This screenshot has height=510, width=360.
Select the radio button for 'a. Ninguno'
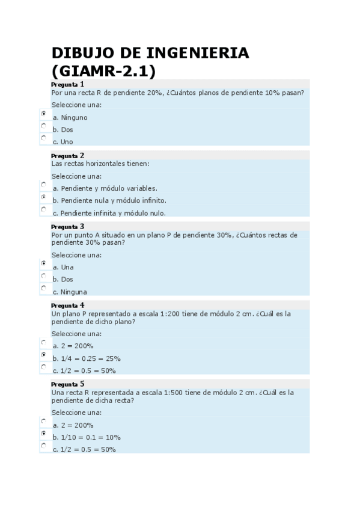coord(43,113)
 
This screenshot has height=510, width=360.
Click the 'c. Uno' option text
coord(63,142)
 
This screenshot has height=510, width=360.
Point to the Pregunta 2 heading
coord(67,155)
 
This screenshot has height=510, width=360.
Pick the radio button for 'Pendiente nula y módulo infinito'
coord(43,197)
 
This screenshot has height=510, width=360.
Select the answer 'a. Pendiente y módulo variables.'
coord(105,188)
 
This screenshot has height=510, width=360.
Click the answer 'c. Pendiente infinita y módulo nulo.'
coord(109,213)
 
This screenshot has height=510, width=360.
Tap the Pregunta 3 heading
coord(67,227)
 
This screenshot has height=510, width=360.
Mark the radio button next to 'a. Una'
coord(43,263)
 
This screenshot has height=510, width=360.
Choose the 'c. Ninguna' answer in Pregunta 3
coord(70,292)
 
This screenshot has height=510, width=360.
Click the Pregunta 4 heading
coord(67,306)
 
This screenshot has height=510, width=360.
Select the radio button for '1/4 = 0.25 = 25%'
coord(43,354)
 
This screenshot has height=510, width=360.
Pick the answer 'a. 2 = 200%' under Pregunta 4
coord(73,346)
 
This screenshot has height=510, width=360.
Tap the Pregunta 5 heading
coord(67,384)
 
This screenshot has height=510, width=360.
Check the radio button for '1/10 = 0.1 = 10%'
coord(43,433)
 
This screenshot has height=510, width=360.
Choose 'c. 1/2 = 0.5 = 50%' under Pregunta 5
coord(84,449)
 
